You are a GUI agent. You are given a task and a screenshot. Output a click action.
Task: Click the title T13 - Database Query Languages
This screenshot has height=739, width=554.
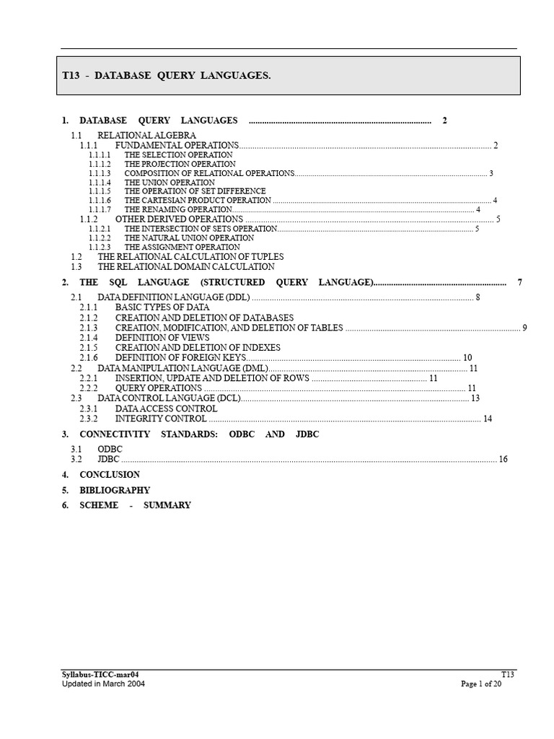click(167, 76)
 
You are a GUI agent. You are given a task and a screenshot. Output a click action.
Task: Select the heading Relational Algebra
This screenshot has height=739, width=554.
click(146, 135)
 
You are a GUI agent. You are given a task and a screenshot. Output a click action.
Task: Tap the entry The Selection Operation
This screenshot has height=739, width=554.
click(178, 154)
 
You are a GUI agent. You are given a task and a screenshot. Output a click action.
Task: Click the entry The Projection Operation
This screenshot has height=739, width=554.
click(180, 164)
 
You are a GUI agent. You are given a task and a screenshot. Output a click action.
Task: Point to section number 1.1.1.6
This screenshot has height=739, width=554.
click(100, 200)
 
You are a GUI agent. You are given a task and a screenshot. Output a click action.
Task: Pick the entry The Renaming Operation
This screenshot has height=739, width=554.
click(178, 209)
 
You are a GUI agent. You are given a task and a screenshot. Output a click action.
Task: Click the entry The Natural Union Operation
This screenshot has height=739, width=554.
click(189, 237)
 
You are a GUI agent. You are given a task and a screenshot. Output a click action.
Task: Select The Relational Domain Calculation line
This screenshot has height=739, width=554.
click(186, 266)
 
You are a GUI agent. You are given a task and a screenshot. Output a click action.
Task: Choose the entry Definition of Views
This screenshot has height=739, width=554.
click(162, 337)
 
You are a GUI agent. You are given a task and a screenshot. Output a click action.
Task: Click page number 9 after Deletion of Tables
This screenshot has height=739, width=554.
click(525, 328)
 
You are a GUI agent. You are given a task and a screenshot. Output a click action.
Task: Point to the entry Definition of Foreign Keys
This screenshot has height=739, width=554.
click(180, 357)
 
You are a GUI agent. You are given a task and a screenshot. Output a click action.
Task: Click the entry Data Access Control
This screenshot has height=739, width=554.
click(166, 408)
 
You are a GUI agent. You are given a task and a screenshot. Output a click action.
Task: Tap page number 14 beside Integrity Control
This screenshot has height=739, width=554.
click(488, 419)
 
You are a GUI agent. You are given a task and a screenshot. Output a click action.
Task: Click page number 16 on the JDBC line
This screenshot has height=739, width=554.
click(503, 459)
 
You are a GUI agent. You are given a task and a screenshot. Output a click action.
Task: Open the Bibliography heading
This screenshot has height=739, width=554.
click(115, 490)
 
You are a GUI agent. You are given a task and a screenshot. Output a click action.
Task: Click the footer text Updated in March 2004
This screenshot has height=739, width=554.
click(103, 684)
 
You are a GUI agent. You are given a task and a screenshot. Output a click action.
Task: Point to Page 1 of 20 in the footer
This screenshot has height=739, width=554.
click(481, 684)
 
